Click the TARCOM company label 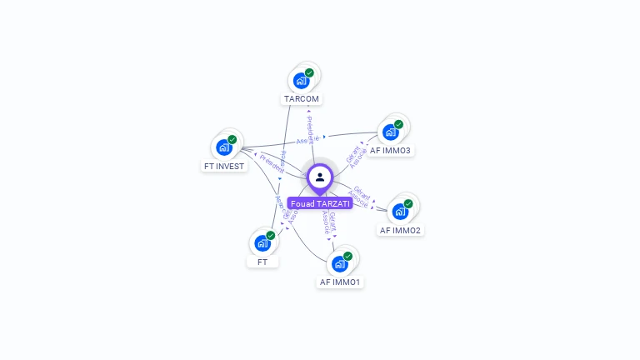(302, 98)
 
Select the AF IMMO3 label (390, 150)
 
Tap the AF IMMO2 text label (400, 230)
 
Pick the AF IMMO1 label (340, 282)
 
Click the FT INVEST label (224, 166)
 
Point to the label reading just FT (262, 262)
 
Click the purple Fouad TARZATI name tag (320, 203)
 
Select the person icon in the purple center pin (320, 177)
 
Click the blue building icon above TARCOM (301, 81)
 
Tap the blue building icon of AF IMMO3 (389, 132)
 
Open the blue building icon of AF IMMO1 (338, 264)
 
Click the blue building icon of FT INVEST (223, 147)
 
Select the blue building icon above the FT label (262, 243)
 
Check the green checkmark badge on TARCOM (309, 73)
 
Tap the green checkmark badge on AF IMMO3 (398, 124)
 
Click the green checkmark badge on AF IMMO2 (408, 203)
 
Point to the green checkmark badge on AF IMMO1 (347, 256)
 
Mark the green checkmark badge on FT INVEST (232, 139)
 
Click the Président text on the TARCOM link (310, 129)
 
